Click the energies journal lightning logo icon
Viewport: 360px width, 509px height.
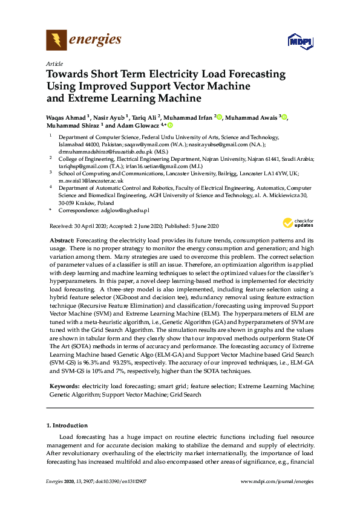click(x=56, y=41)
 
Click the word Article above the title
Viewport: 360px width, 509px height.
click(x=54, y=63)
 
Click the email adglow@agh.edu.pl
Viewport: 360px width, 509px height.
click(x=129, y=210)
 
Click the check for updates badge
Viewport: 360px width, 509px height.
click(x=298, y=223)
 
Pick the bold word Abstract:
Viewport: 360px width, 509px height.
click(x=62, y=241)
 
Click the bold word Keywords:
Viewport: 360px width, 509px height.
click(x=65, y=385)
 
